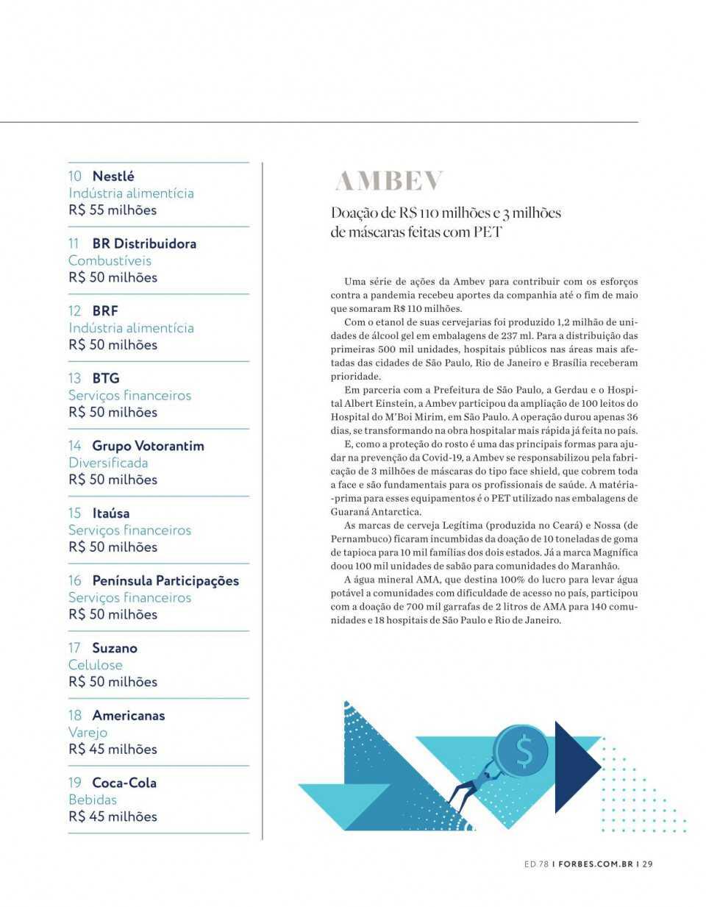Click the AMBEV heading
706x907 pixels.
tap(389, 181)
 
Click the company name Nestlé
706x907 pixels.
tap(113, 176)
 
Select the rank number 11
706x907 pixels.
tap(74, 243)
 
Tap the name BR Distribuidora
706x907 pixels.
tap(144, 243)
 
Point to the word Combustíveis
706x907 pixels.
tap(110, 260)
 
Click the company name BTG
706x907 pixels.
tap(105, 378)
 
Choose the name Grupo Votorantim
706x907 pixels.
tap(148, 446)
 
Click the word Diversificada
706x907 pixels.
tap(108, 463)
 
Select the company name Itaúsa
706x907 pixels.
tap(110, 513)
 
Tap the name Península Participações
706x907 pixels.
tap(165, 580)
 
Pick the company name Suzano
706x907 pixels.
tap(115, 648)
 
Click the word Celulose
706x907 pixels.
tap(96, 665)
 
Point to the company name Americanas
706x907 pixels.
tap(129, 715)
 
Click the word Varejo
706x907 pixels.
tap(88, 732)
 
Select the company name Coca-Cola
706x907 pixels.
tap(124, 783)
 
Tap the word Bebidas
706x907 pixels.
tap(93, 800)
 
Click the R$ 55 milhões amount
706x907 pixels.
tap(113, 210)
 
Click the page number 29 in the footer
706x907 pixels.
tap(647, 864)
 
